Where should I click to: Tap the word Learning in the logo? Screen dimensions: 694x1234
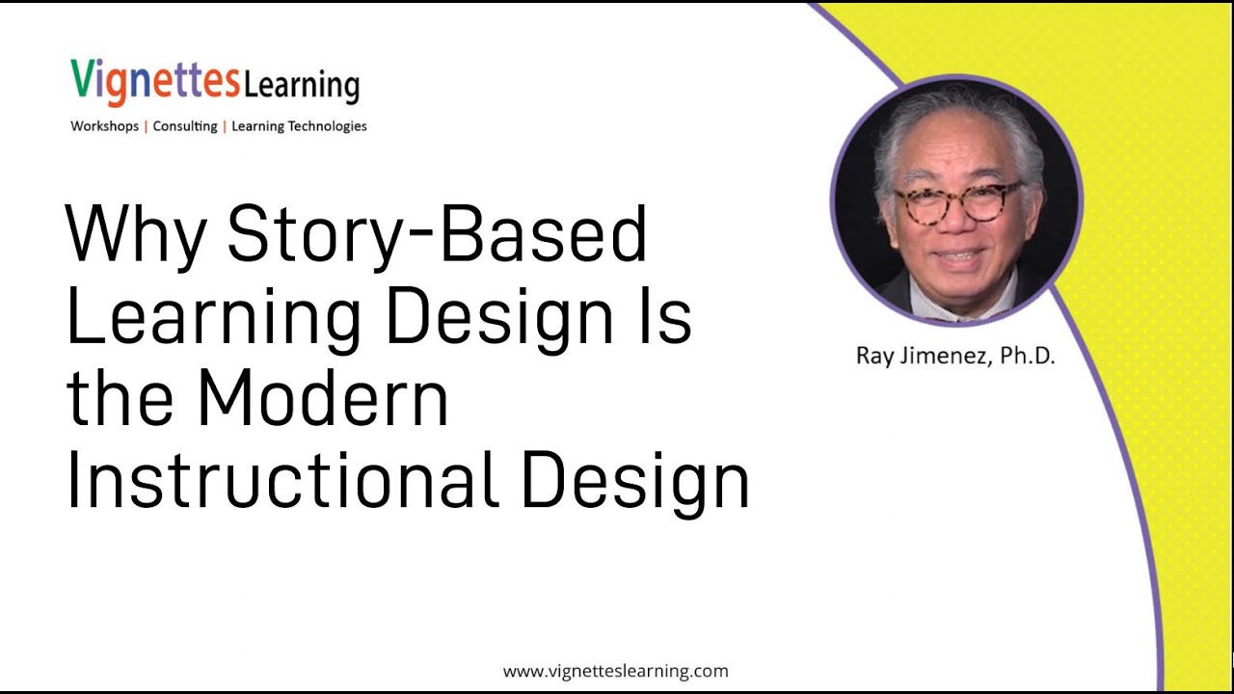[301, 85]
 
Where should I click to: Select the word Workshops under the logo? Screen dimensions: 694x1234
[104, 126]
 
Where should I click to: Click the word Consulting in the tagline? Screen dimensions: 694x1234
[185, 126]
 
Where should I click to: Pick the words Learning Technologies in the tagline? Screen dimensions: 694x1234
[299, 126]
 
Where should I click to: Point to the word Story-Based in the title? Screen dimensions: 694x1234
[437, 234]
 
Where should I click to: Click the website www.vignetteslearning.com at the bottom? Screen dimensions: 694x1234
[615, 671]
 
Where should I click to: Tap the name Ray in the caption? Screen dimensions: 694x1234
[874, 356]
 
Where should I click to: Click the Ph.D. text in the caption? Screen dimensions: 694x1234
[1028, 356]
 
